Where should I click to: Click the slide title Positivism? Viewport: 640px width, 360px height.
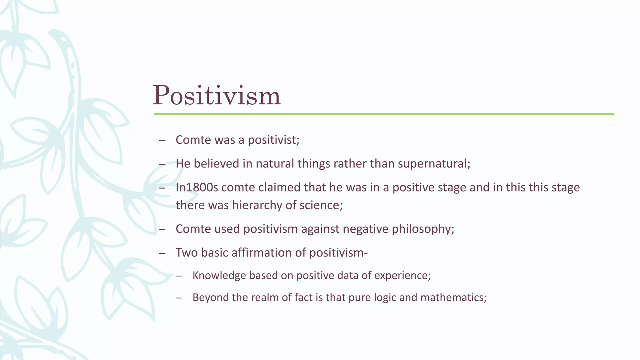click(x=216, y=95)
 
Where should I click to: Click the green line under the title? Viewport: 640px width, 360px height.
click(x=384, y=114)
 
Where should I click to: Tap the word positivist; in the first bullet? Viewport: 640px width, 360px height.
click(x=273, y=140)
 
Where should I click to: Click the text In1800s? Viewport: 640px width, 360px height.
click(x=197, y=187)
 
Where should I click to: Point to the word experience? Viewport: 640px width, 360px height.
click(x=402, y=276)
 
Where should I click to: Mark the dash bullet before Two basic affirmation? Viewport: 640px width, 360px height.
click(x=162, y=253)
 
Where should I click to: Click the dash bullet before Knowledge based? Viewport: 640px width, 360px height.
click(x=179, y=276)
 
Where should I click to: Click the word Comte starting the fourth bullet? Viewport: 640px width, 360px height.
click(x=192, y=229)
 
